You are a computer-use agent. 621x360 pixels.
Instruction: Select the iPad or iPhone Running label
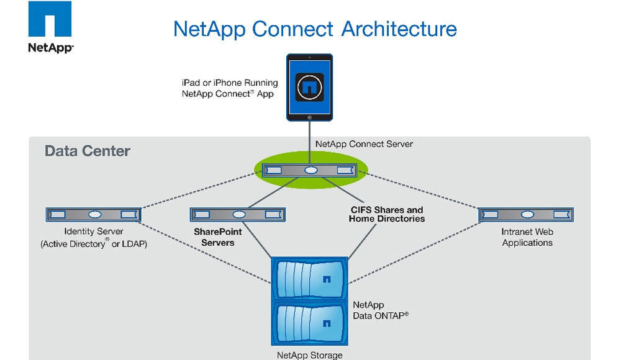pyautogui.click(x=230, y=83)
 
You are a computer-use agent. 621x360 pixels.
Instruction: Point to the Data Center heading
pyautogui.click(x=88, y=151)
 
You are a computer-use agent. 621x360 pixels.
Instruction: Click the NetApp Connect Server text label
pyautogui.click(x=364, y=143)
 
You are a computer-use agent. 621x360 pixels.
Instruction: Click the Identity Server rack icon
pyautogui.click(x=94, y=214)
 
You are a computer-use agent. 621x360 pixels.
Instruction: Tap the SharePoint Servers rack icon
pyautogui.click(x=238, y=214)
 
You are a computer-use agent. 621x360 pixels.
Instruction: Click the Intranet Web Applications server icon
pyautogui.click(x=527, y=214)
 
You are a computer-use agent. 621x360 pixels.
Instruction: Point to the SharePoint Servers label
pyautogui.click(x=218, y=236)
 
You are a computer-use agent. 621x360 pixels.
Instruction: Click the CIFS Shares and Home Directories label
pyautogui.click(x=386, y=214)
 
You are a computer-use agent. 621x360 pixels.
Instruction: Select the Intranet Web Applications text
pyautogui.click(x=527, y=237)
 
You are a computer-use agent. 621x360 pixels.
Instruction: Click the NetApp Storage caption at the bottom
pyautogui.click(x=309, y=355)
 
